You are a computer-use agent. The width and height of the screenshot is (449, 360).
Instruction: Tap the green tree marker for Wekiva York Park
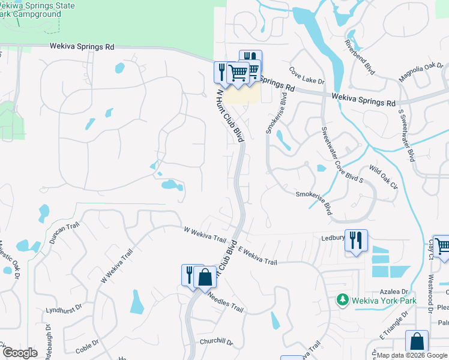(343, 299)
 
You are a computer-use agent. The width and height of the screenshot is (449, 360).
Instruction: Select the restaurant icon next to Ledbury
(356, 241)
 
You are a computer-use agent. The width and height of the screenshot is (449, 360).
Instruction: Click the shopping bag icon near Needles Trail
(205, 277)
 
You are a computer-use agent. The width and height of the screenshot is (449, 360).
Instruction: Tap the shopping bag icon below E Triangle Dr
(417, 341)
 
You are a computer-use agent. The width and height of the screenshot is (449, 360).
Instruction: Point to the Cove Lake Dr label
(306, 76)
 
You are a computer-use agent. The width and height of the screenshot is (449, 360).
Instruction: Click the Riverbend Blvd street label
(360, 58)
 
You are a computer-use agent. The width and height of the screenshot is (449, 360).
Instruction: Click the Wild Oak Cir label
(384, 177)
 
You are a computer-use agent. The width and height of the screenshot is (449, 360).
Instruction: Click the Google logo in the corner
(20, 353)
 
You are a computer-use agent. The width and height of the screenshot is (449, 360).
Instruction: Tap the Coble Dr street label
(87, 347)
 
